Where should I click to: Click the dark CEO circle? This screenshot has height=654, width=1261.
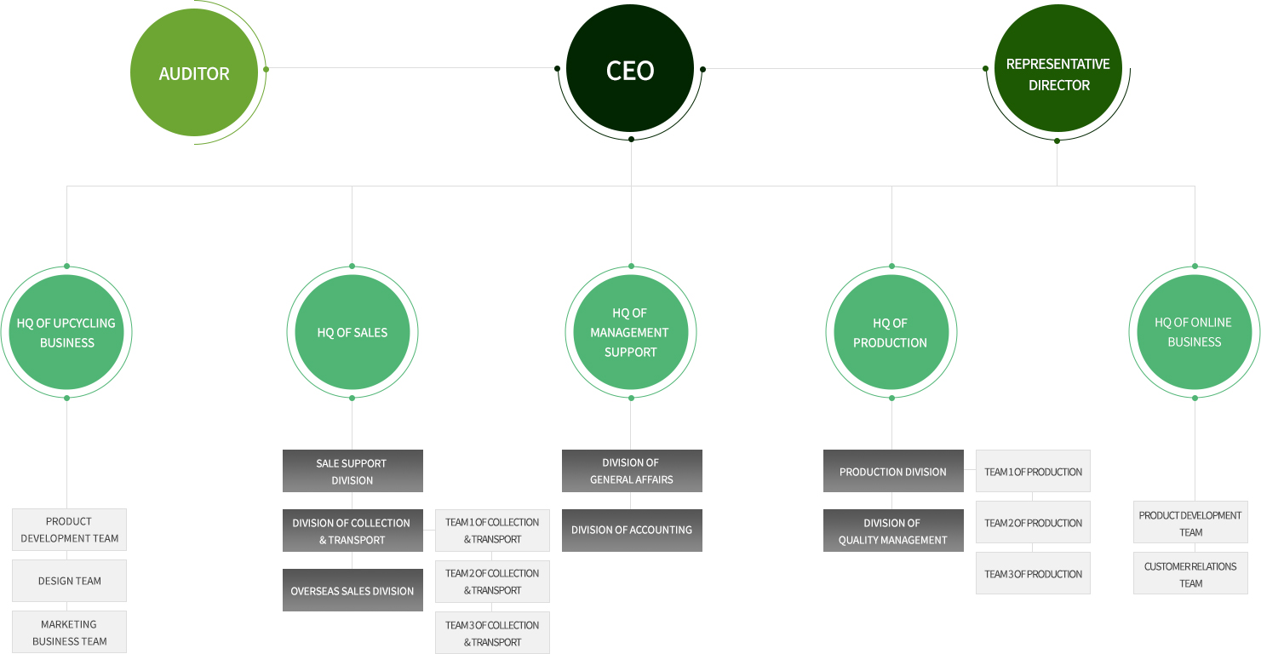(630, 68)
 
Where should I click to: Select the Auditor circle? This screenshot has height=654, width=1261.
(194, 72)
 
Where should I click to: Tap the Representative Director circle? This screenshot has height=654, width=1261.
(1058, 68)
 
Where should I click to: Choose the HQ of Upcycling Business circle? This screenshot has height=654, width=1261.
(66, 332)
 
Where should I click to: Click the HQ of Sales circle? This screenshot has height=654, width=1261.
(353, 332)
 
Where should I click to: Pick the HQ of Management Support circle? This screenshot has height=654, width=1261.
(630, 332)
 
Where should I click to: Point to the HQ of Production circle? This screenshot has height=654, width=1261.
(891, 332)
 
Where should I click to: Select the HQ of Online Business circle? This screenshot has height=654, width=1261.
(1195, 332)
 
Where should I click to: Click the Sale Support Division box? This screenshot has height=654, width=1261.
(353, 471)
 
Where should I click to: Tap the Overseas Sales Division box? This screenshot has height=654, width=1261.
(353, 590)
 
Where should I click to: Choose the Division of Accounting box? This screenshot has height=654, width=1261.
(632, 531)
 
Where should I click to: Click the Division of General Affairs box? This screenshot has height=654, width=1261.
(632, 471)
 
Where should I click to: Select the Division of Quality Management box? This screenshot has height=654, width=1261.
(893, 531)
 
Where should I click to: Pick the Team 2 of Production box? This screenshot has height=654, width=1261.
(1033, 522)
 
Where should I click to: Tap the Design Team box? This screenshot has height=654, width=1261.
(69, 581)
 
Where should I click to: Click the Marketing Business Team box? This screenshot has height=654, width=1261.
(69, 632)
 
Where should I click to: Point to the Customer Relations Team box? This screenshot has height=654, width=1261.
(1190, 573)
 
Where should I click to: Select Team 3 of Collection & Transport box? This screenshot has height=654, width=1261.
(493, 633)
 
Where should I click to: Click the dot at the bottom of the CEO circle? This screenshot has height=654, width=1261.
(631, 139)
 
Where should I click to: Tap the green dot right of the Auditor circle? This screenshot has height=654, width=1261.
(267, 69)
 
